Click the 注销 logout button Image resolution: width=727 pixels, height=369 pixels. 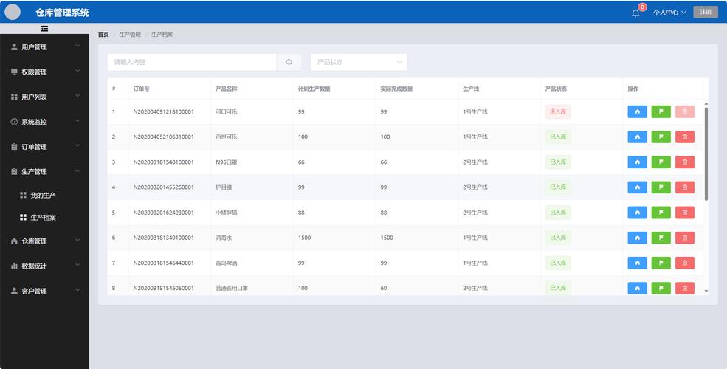coord(705,12)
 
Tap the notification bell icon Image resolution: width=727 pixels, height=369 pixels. coord(635,13)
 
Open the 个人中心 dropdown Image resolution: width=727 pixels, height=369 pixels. coord(669,13)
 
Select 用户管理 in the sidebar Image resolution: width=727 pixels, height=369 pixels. coord(34,47)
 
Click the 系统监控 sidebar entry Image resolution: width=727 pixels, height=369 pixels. coord(34,122)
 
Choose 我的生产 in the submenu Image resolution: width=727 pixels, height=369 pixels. coord(43,196)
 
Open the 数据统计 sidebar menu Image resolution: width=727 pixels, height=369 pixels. coord(34,266)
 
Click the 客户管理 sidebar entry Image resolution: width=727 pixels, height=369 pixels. coord(34,291)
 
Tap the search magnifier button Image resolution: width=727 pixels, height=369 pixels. coord(289,62)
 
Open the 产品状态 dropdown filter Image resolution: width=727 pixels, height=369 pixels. coord(359,62)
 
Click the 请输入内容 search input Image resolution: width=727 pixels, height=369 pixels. coord(192,62)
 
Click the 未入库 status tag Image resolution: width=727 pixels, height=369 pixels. coord(557,111)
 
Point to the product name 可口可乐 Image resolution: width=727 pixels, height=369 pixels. coord(226,111)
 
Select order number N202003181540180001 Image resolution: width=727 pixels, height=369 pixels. coord(163,162)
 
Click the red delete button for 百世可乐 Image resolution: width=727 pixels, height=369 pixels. coord(684,137)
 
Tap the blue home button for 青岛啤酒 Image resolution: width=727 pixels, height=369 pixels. coord(637,263)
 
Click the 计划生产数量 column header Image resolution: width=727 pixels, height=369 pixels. coord(314,89)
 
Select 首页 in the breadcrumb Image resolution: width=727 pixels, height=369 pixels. coord(103,35)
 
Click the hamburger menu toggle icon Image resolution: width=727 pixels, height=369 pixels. coord(44,29)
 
